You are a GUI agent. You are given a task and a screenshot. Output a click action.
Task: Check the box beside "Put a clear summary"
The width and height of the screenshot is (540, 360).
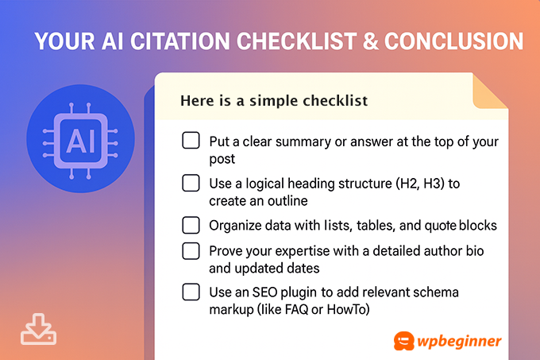[191, 141]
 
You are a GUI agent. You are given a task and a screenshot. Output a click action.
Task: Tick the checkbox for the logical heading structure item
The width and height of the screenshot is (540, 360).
[191, 184]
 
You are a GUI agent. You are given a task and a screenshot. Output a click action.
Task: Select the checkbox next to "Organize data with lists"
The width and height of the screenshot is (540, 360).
[191, 224]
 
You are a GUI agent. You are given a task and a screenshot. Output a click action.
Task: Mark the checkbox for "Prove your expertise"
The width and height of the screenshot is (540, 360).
[191, 251]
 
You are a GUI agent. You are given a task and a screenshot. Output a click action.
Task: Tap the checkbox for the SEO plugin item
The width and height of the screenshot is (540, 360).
[191, 292]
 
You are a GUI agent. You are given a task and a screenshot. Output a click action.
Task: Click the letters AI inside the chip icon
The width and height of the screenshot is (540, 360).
[79, 141]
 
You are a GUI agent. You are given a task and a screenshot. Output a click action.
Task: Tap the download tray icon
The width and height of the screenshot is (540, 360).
[39, 328]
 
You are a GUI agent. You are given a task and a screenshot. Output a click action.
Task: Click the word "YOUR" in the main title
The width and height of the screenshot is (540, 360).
[62, 41]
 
